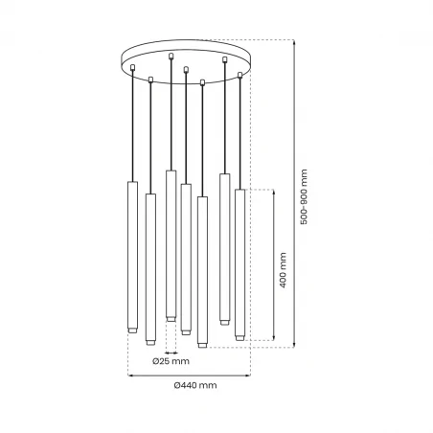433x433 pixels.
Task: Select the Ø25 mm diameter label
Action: coord(171,361)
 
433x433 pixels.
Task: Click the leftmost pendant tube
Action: coord(133,253)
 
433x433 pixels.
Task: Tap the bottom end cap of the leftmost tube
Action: coord(133,329)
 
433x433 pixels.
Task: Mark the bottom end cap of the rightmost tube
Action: coord(239,336)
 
